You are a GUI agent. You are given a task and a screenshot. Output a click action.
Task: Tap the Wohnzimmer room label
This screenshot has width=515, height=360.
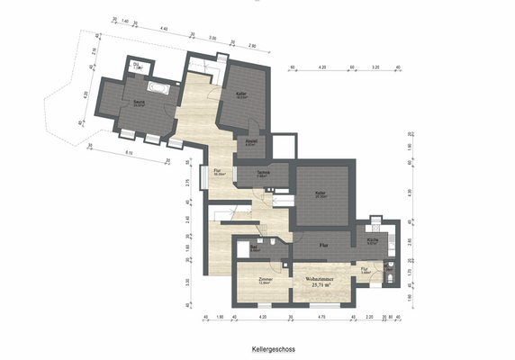click(319, 279)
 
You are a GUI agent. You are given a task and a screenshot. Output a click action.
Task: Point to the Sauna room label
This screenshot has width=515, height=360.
click(140, 101)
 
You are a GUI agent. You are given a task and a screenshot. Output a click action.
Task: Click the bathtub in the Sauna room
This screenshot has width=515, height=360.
click(158, 89)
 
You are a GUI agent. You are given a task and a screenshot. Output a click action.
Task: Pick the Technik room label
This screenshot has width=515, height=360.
click(263, 172)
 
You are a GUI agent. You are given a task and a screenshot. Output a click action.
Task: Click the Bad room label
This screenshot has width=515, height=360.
click(242, 248)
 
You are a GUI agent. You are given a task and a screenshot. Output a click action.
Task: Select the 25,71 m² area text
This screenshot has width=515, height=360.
click(320, 286)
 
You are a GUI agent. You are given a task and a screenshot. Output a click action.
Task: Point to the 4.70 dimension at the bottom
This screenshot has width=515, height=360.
click(321, 318)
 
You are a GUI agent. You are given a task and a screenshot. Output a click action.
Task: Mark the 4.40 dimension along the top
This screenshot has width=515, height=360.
click(164, 29)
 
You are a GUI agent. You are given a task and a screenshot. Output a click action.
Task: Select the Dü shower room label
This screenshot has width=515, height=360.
click(136, 66)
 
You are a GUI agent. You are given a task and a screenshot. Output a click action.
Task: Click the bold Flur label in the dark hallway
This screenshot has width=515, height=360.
click(323, 243)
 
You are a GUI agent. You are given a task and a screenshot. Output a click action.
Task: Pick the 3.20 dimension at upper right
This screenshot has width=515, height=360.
click(376, 67)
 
